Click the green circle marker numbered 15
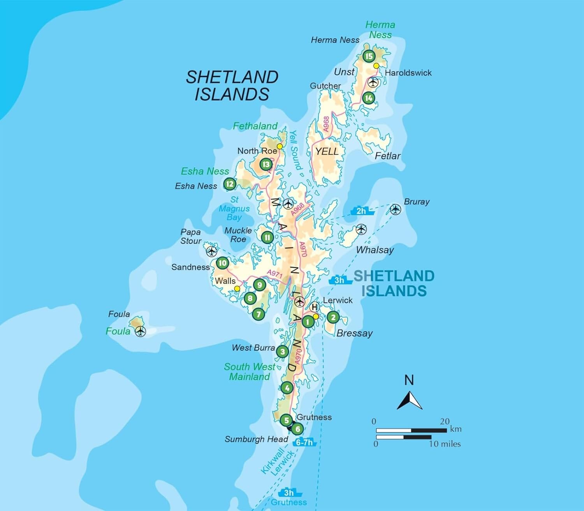coord(369,56)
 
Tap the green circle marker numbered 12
coord(230,184)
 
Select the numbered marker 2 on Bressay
coord(333,317)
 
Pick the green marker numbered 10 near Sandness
coord(222,263)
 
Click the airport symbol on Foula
coord(140,332)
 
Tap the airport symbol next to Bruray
coord(396,209)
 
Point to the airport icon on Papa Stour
coord(211,251)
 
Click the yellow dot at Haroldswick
coord(376,66)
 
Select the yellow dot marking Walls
coord(237,288)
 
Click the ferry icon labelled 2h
coord(362,211)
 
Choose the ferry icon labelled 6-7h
coord(304,443)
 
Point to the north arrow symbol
coord(409,400)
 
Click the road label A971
coord(275,274)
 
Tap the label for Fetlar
coord(387,156)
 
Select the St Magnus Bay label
coord(234,208)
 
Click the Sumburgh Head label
coord(256,439)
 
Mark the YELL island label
coord(327,151)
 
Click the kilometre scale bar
coord(411,430)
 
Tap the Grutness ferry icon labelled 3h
coord(288,493)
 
